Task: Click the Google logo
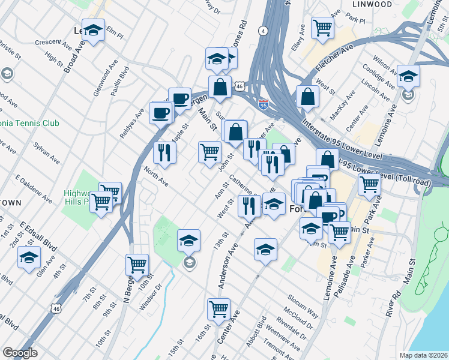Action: (x=20, y=353)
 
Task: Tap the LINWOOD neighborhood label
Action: (x=372, y=4)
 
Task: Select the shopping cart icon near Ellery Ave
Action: (x=322, y=27)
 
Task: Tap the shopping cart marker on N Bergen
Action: (x=137, y=264)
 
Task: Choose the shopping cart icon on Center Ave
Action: (x=218, y=309)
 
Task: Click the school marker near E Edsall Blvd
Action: (x=28, y=258)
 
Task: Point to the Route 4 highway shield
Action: (x=263, y=30)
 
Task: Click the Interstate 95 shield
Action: (x=263, y=105)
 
